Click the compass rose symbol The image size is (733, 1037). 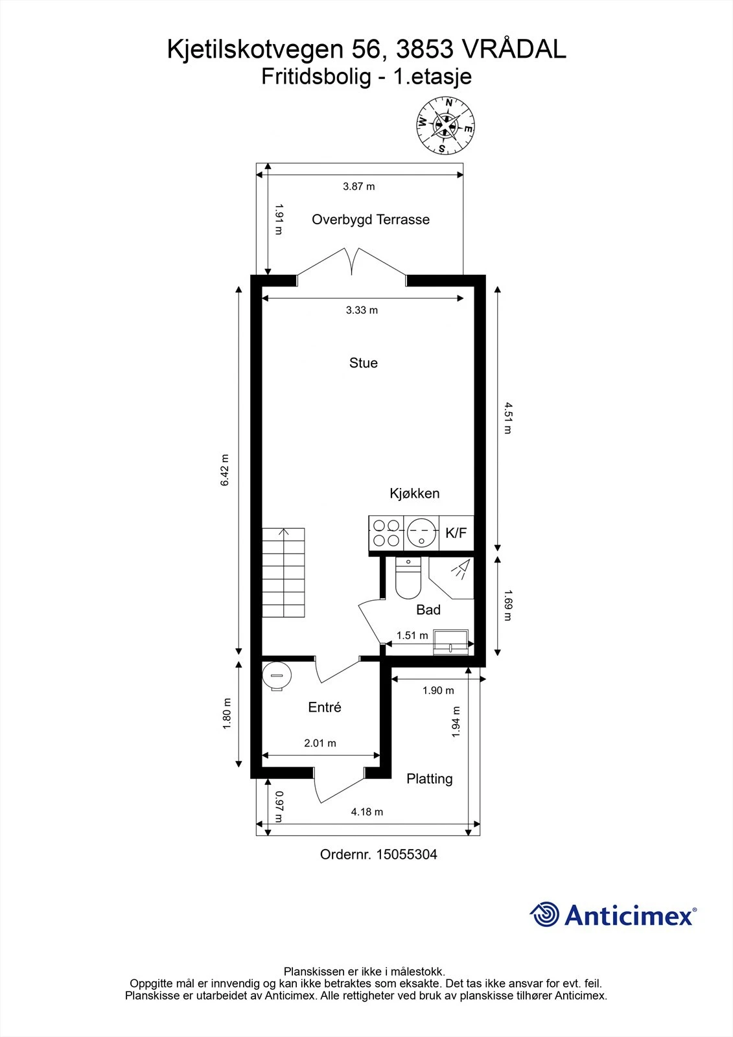[x=445, y=126]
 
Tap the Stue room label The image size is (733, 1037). [x=363, y=363]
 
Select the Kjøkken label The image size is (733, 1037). [x=414, y=493]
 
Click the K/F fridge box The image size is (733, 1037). [x=456, y=533]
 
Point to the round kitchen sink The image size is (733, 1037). [x=421, y=533]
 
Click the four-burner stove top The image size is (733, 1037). [x=386, y=533]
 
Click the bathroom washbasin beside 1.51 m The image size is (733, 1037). [x=452, y=640]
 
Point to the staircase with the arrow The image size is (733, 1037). [x=283, y=572]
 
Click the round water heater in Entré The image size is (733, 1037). [x=277, y=675]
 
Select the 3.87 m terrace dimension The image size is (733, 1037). [x=359, y=187]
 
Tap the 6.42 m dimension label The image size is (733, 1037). [x=225, y=470]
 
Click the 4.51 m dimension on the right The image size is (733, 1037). [x=507, y=418]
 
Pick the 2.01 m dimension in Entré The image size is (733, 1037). [x=320, y=743]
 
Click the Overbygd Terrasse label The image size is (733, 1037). [x=370, y=220]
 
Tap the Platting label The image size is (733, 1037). [x=429, y=779]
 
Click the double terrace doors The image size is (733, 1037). [x=352, y=262]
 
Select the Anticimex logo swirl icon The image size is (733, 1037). [x=544, y=915]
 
